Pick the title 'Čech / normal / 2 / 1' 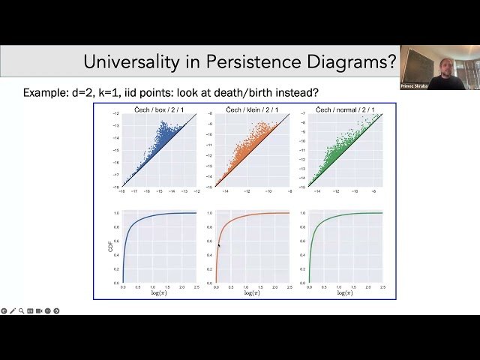click(345, 109)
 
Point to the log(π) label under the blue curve click(158, 293)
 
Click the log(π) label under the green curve click(344, 293)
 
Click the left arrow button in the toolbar click(4, 310)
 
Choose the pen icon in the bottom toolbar click(13, 310)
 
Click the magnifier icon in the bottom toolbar click(21, 310)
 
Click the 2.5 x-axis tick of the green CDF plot click(382, 287)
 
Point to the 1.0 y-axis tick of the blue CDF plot click(116, 213)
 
